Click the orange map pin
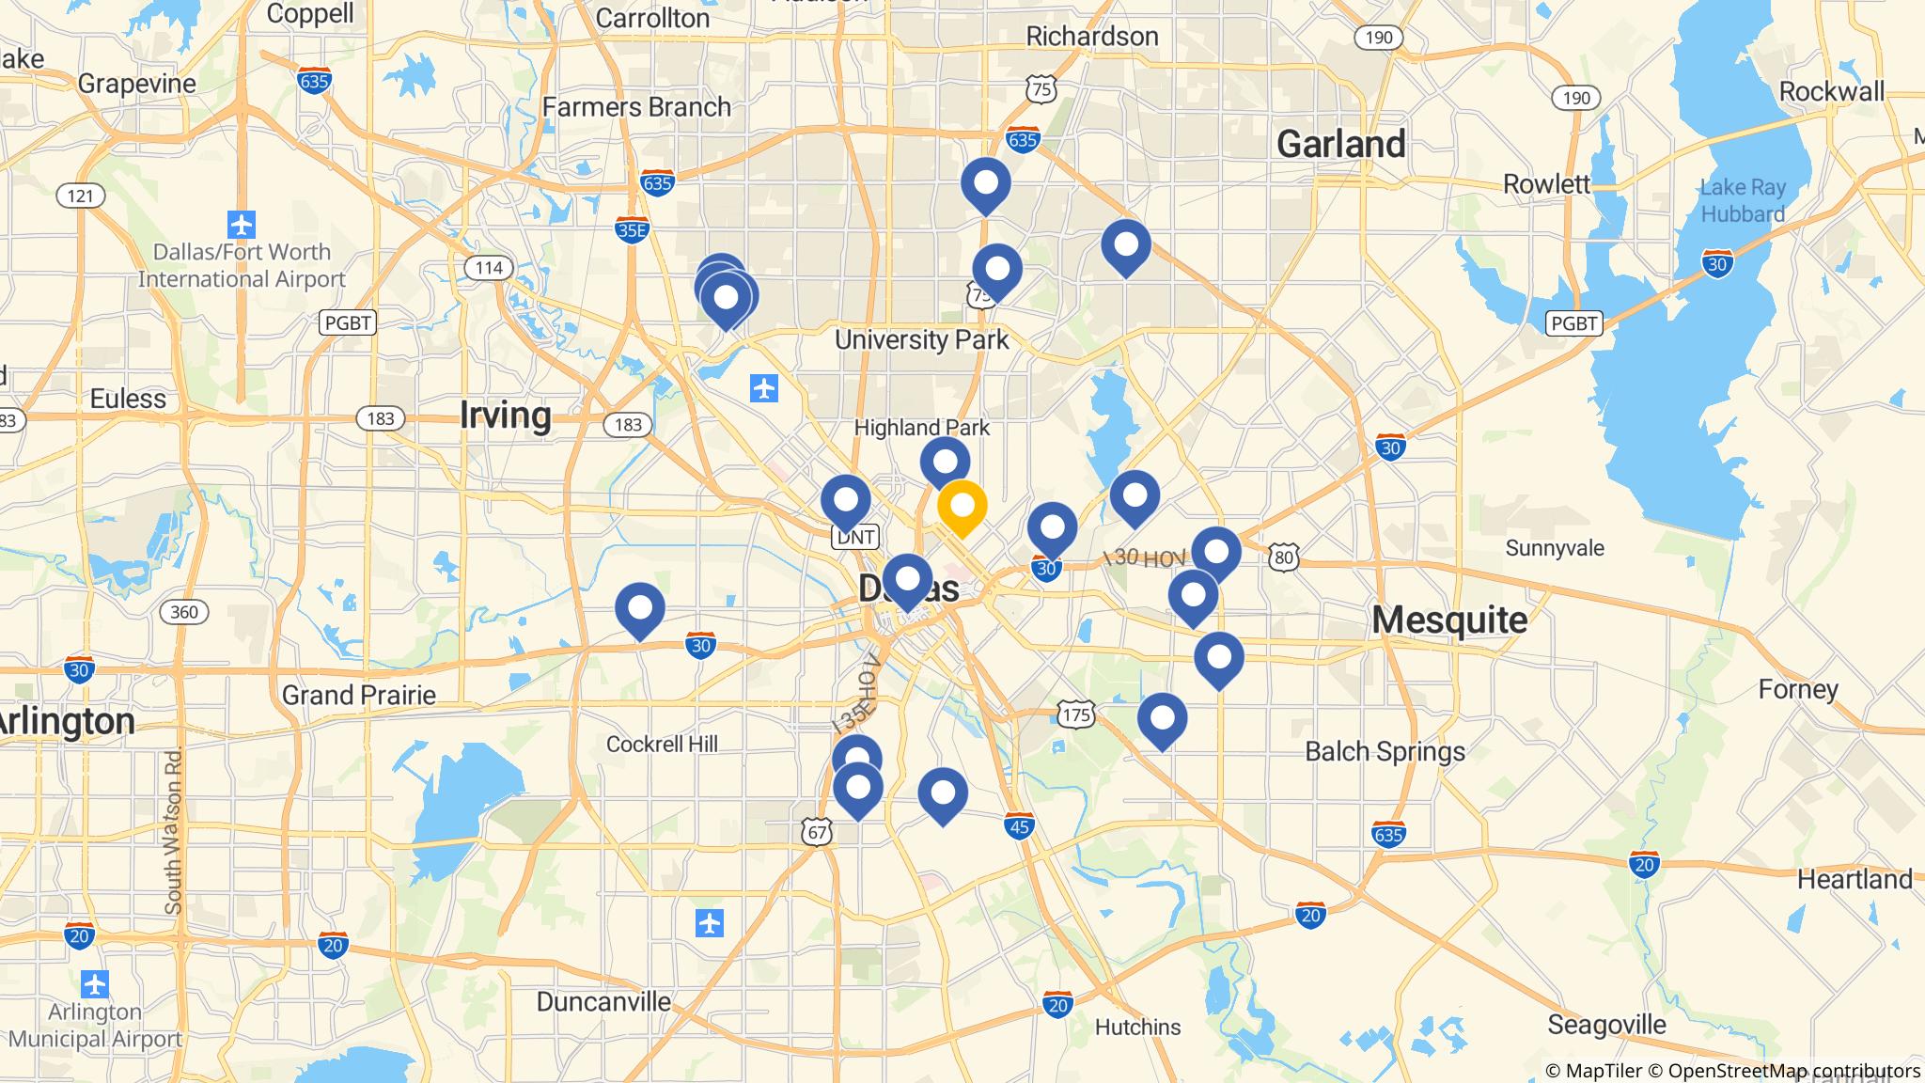pos(962,506)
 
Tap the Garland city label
pos(1340,144)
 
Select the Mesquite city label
pos(1448,620)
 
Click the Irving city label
pos(505,415)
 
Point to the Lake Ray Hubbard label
pos(1742,201)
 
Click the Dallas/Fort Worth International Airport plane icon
pos(242,226)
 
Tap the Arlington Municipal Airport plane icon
pos(94,985)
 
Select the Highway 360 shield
pos(184,612)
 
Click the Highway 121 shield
pos(81,196)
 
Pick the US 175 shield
pos(1075,714)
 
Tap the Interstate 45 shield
pos(1020,825)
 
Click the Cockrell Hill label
pos(662,745)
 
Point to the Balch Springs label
pos(1385,751)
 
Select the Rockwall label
pos(1831,91)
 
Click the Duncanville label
pos(603,1001)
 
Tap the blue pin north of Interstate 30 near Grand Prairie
pos(639,608)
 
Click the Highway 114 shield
pos(489,268)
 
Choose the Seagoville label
pos(1606,1024)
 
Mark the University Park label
pos(921,339)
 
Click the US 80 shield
pos(1284,557)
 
